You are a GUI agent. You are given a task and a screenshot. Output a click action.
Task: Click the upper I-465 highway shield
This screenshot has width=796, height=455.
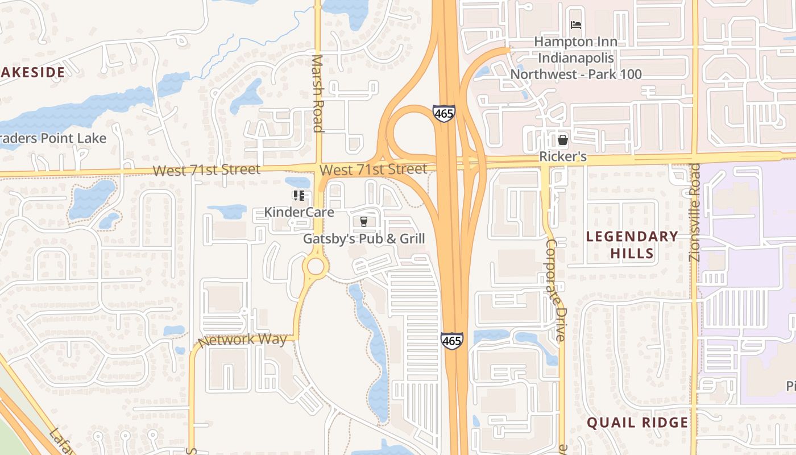point(443,113)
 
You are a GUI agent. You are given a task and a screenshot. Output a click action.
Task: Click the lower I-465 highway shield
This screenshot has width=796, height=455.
point(451,340)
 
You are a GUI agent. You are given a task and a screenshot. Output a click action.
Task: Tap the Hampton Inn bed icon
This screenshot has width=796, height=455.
point(576,26)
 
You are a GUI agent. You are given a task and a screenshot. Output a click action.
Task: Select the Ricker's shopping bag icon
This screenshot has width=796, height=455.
point(563,139)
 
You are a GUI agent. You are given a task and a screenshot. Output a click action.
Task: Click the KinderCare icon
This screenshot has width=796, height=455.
point(299,196)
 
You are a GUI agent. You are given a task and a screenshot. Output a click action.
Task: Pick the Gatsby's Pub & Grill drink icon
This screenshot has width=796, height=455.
point(364,221)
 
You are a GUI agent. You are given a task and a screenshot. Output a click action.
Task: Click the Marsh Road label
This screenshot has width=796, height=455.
point(318,93)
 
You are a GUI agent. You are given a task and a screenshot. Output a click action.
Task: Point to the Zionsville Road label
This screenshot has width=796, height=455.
point(695,212)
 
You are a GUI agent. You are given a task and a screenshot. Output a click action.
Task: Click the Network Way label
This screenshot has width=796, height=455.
point(243,340)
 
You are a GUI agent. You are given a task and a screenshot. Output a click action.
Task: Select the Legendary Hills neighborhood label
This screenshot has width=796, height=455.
point(632,245)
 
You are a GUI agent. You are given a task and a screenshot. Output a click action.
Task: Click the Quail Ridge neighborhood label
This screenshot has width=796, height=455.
point(637,423)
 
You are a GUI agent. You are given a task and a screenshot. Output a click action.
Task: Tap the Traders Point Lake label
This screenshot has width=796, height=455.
point(53,138)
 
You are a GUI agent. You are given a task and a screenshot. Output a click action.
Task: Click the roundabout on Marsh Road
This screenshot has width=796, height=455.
point(315,266)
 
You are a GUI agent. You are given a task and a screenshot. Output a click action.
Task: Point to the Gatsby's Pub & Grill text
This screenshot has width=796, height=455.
point(364,238)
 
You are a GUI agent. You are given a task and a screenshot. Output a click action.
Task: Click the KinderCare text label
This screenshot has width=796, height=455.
point(299,212)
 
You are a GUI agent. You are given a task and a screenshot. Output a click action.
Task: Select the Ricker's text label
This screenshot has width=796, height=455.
point(563,156)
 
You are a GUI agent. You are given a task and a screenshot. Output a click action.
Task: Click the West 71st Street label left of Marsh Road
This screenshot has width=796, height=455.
point(206,169)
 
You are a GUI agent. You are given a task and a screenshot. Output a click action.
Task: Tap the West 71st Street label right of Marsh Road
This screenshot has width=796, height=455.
point(373,169)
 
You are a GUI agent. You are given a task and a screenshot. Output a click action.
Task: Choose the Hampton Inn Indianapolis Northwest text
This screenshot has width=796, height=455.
point(576,58)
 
